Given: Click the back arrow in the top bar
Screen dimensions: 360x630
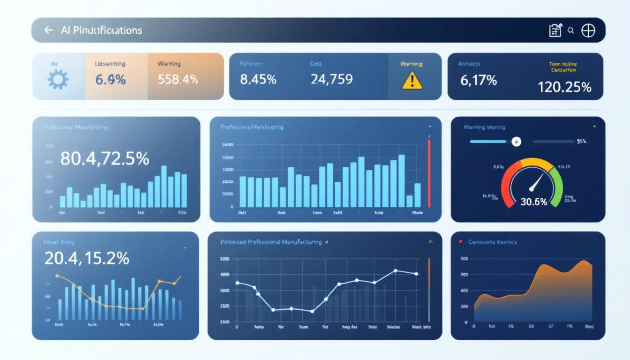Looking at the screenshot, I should (48, 30).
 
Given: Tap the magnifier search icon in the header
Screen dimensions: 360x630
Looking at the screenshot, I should (570, 30).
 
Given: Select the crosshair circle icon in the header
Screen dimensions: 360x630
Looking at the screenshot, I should (588, 30).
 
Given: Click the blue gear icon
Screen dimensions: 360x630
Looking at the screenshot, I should (58, 79).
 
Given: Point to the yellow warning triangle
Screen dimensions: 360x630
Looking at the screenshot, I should (412, 81).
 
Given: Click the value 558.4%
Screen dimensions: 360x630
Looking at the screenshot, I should (178, 79).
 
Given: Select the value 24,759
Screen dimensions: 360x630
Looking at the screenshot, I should (331, 79).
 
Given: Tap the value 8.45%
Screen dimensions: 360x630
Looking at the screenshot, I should (258, 79).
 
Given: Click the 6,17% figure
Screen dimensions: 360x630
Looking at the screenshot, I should (478, 80).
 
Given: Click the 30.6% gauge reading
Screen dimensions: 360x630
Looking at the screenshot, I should (533, 202).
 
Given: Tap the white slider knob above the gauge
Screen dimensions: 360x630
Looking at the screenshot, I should (516, 141).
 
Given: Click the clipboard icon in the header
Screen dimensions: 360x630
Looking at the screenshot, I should (555, 30).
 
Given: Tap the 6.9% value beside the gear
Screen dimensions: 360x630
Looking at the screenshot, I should (110, 80).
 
